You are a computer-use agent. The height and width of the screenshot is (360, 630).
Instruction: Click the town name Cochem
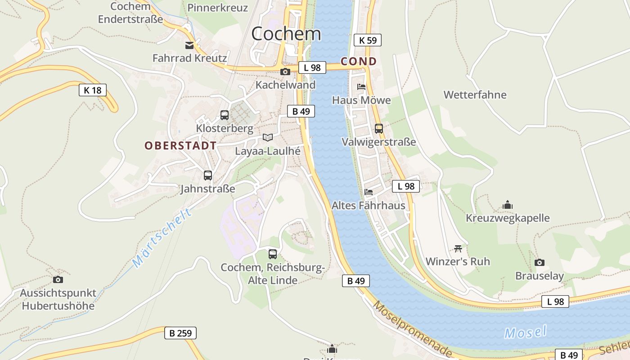pos(286,34)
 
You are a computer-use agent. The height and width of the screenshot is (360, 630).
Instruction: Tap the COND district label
pos(359,61)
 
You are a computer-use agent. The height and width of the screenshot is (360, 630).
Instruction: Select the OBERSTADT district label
pos(180,146)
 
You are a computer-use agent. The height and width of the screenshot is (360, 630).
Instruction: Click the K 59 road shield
pos(368,40)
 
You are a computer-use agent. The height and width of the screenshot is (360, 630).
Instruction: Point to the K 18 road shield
pos(93,90)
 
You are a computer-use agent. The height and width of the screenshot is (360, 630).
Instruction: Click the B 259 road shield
pos(180,333)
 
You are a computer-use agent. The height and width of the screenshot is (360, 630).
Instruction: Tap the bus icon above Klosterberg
pos(225,115)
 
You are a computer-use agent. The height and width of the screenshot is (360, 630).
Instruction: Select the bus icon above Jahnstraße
pos(207,175)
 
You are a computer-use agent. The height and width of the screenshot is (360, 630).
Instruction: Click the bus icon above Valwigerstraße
pos(379,129)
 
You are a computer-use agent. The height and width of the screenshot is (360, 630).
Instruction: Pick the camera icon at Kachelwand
pos(285,72)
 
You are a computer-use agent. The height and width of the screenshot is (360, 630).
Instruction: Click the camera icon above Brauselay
pos(539,262)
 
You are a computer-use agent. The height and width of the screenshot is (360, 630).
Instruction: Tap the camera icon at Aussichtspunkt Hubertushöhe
pos(58,279)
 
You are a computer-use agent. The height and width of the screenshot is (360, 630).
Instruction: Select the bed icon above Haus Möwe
pos(361,87)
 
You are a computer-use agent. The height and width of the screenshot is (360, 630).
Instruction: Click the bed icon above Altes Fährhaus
pos(369,192)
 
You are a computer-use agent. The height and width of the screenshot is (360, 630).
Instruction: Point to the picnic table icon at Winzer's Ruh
pos(458,248)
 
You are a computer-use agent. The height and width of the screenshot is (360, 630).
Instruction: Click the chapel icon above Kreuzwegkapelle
pos(508,205)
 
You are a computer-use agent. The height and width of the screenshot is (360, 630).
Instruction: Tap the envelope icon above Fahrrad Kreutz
pos(189,45)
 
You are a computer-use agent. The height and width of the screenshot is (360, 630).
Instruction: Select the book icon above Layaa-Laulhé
pos(268,138)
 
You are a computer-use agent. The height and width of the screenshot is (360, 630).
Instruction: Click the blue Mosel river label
pos(525,332)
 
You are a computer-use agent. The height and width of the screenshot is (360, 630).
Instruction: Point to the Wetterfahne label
pos(475,95)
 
